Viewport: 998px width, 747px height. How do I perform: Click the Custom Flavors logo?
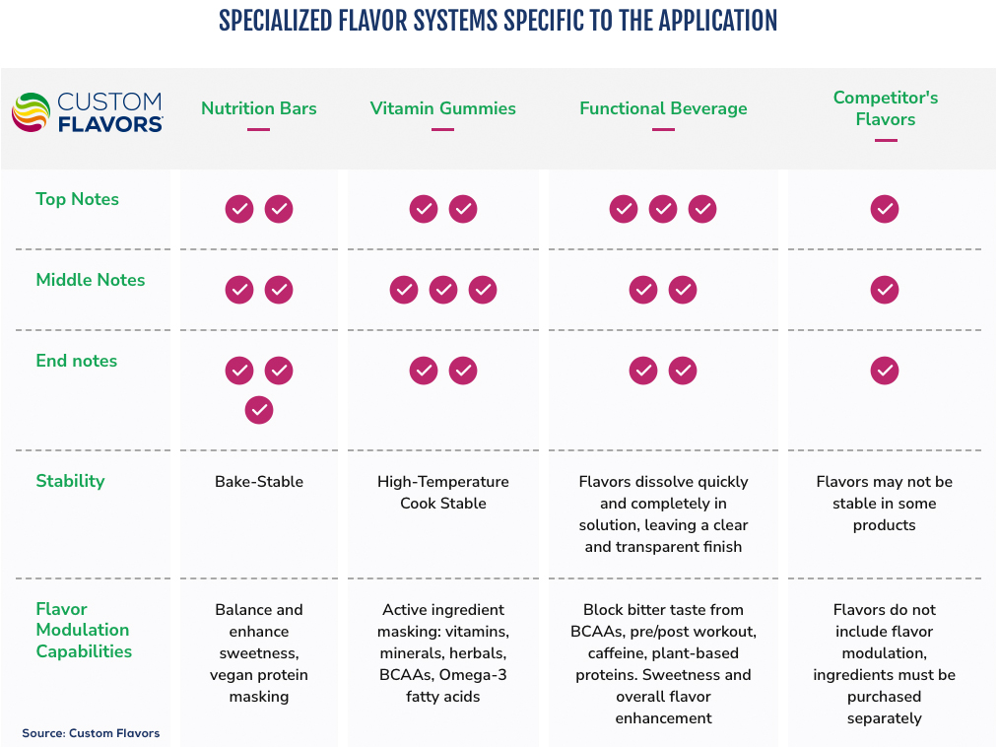coord(87,112)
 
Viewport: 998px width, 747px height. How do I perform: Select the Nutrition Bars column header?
coord(259,108)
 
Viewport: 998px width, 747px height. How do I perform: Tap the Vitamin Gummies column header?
coord(443,108)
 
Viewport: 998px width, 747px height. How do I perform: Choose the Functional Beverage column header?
coord(663,108)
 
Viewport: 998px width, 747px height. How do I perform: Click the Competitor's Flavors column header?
coord(885,108)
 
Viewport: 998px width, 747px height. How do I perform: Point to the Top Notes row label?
coord(77,199)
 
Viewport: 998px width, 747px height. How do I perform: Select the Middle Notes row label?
coord(91,280)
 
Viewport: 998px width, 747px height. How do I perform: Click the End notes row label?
coord(77,361)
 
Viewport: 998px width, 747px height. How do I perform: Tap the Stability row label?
coord(70,481)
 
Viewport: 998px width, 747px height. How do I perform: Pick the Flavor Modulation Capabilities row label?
coord(84,630)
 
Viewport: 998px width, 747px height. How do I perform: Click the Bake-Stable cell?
coord(259,482)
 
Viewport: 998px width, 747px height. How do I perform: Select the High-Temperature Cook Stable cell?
coord(443,493)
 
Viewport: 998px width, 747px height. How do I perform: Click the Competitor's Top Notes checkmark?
coord(885,209)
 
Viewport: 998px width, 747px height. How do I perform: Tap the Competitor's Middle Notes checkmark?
coord(885,290)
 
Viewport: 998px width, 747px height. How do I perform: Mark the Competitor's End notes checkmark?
coord(885,371)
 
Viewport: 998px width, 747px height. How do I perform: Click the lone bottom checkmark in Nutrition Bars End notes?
coord(259,410)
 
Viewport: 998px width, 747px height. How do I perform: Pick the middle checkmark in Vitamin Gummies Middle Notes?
coord(443,290)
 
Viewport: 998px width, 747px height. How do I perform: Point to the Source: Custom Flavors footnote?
coord(91,733)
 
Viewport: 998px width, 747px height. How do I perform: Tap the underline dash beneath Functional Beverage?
coord(663,129)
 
